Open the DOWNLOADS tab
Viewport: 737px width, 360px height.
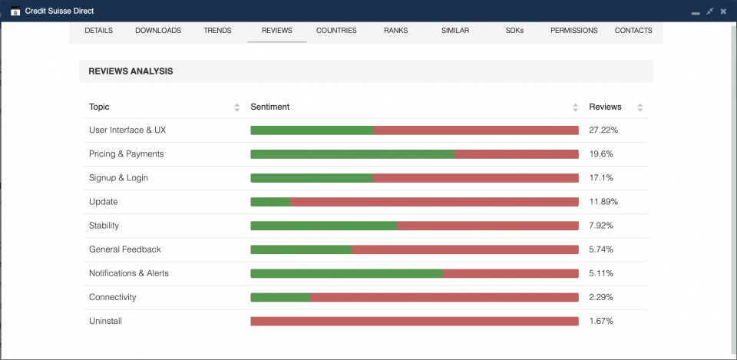tap(158, 31)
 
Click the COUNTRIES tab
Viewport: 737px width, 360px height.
tap(336, 31)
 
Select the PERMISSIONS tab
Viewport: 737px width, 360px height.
tap(573, 31)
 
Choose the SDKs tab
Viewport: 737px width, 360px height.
tap(514, 31)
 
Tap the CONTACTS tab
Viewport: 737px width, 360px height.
tap(633, 31)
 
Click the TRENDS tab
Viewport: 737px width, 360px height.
tap(217, 31)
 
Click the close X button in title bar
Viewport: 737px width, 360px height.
tap(723, 12)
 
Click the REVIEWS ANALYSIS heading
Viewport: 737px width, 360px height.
tap(131, 71)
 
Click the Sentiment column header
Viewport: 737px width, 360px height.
tap(269, 107)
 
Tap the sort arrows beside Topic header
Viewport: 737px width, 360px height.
tap(237, 107)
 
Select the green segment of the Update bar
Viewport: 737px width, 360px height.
tap(270, 202)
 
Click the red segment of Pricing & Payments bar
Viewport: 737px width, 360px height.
tap(516, 154)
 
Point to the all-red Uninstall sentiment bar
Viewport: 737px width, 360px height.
tap(415, 321)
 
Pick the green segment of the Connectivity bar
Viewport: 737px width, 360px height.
tap(280, 297)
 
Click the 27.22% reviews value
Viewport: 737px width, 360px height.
tap(603, 130)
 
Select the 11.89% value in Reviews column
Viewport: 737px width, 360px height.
tap(603, 202)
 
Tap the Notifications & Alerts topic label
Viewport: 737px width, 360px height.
tap(129, 273)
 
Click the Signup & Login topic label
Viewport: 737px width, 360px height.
tap(118, 178)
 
